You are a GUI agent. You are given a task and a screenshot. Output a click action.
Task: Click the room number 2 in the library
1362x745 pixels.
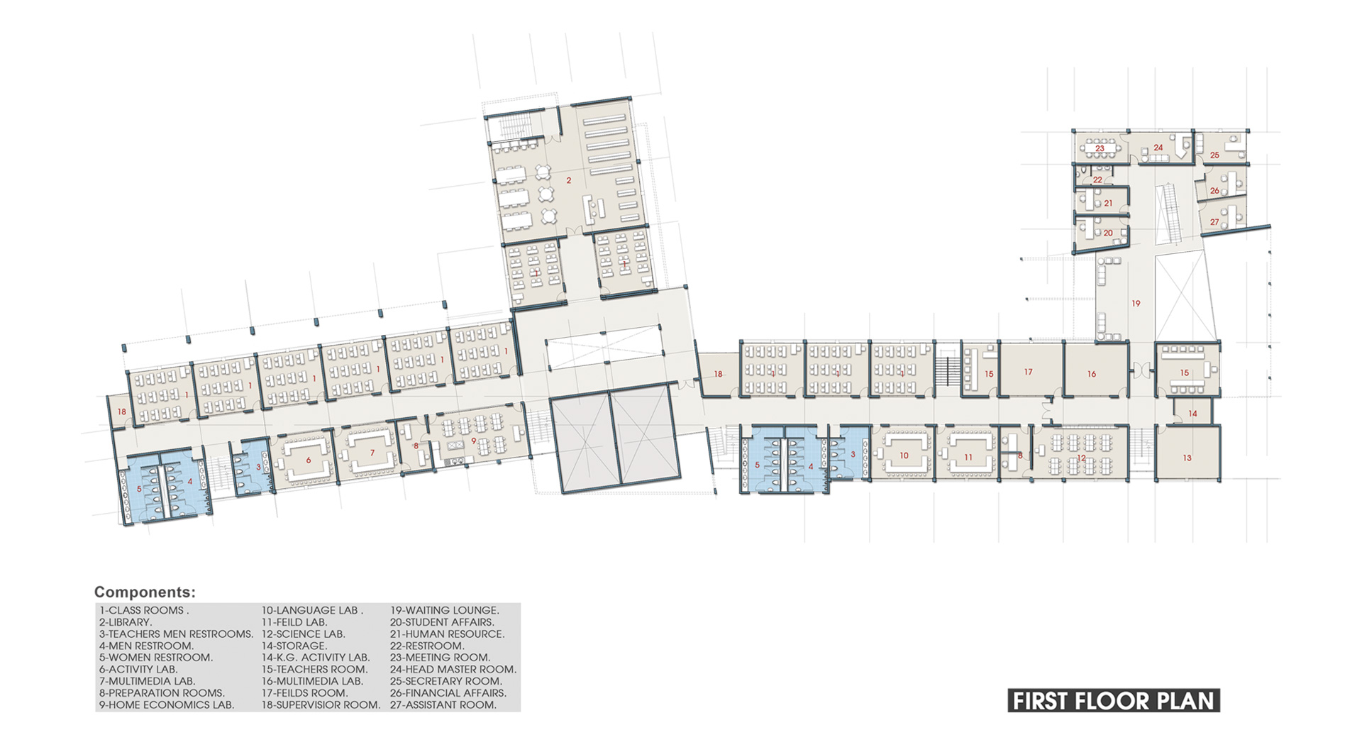pos(569,181)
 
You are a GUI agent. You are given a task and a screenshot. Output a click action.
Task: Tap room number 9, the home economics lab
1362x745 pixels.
pos(474,441)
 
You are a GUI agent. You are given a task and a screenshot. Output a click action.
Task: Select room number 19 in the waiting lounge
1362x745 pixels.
pos(1136,304)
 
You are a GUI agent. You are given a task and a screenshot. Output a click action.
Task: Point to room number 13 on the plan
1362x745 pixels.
pos(1187,458)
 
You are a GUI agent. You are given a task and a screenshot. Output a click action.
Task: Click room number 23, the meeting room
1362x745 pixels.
pos(1100,148)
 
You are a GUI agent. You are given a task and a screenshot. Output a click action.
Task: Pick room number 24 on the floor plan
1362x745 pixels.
pos(1158,148)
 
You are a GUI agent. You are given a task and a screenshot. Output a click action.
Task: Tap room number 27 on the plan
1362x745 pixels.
pos(1214,222)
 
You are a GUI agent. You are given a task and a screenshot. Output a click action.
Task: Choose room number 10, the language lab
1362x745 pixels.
pos(904,456)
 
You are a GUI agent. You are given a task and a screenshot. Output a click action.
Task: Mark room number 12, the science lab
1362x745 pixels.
pos(1081,458)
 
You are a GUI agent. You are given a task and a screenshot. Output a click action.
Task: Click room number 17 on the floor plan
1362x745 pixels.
pos(1029,372)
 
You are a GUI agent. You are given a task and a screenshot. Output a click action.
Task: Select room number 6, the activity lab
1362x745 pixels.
pos(309,460)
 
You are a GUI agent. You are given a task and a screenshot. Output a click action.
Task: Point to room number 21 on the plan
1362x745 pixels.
pos(1108,204)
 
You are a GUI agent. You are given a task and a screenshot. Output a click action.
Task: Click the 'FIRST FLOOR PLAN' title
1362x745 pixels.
pos(1114,701)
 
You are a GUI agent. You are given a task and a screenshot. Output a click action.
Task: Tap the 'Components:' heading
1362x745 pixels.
pos(145,592)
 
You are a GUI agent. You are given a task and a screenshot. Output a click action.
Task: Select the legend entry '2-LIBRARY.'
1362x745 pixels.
pos(126,622)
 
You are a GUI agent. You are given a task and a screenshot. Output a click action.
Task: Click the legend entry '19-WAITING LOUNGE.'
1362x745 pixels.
pos(445,610)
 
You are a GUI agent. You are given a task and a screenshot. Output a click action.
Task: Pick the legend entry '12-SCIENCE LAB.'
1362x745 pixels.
pos(304,634)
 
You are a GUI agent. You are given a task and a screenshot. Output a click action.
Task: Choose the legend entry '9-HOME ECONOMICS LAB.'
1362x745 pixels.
pos(167,705)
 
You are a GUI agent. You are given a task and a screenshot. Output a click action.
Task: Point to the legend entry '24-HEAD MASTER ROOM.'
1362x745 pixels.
pos(453,669)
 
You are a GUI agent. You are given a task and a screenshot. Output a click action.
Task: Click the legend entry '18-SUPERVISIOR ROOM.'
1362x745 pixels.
pos(321,705)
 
